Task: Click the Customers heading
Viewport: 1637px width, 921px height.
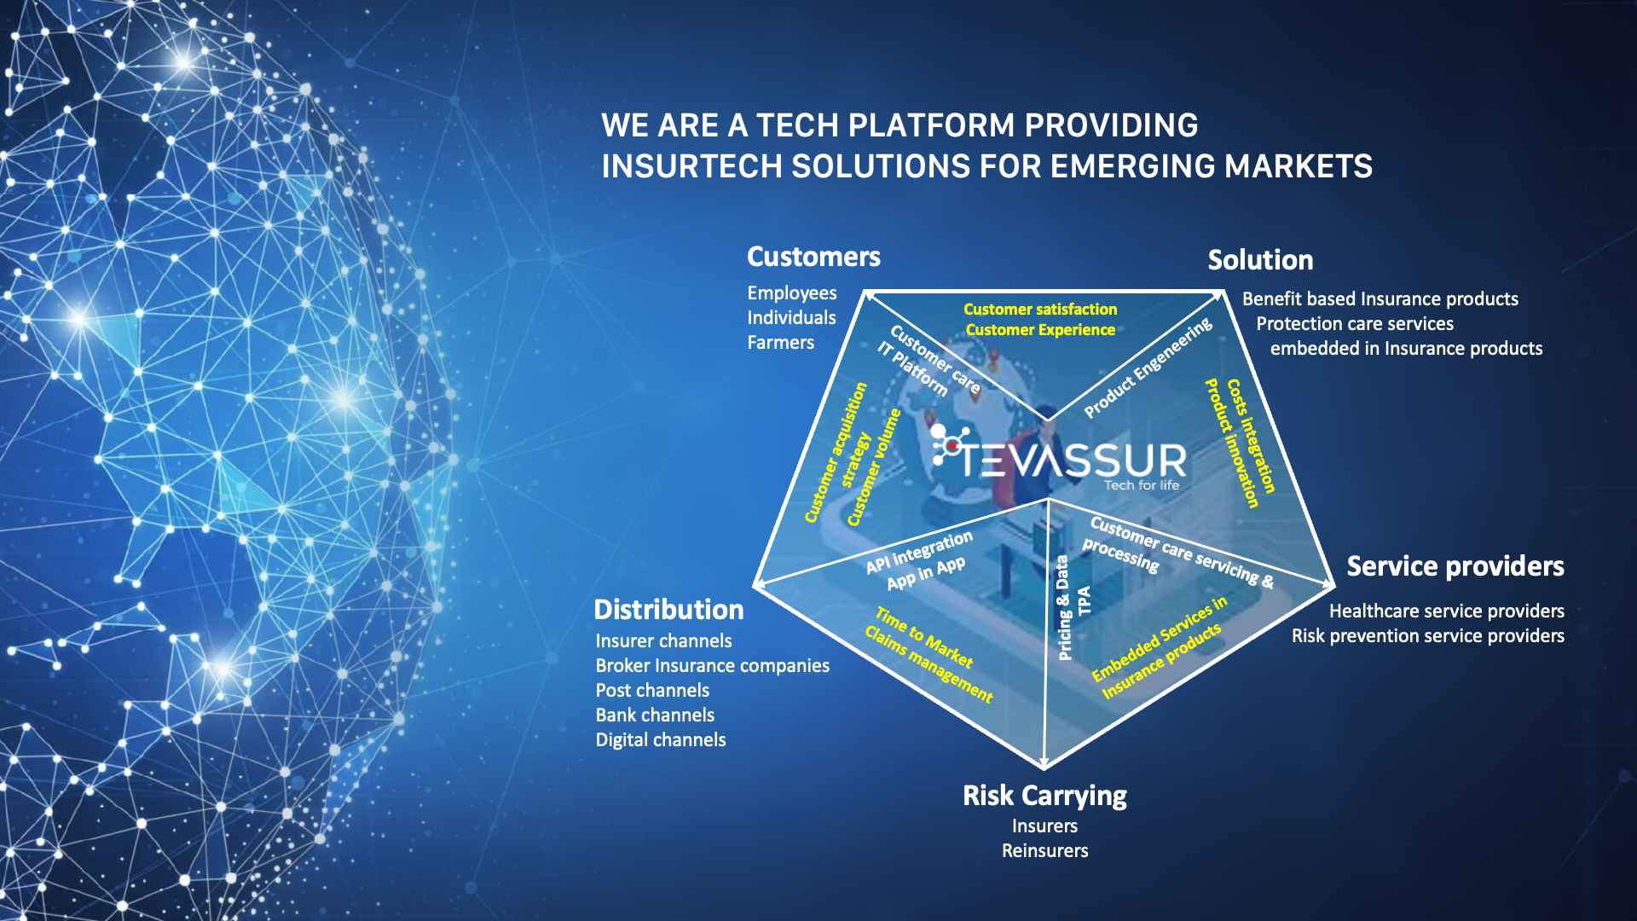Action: point(813,257)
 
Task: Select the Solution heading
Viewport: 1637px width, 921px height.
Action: point(1260,260)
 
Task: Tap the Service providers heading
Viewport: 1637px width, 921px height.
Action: point(1455,566)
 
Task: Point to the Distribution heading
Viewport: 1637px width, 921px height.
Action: point(668,610)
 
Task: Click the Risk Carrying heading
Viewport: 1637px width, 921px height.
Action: point(1044,796)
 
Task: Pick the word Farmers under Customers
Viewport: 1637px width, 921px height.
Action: point(780,343)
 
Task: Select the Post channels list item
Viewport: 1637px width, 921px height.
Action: point(652,691)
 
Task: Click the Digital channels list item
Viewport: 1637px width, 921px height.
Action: point(661,740)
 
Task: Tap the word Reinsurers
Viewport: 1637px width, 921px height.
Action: point(1044,851)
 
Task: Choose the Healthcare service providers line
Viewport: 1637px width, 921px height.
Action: point(1446,611)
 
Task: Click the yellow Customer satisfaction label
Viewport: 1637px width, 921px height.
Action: point(1040,310)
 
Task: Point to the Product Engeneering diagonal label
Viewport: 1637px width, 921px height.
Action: point(1148,368)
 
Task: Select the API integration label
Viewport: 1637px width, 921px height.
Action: point(918,553)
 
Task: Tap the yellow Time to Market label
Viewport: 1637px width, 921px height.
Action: point(924,638)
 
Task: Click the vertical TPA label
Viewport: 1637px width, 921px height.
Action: point(1085,600)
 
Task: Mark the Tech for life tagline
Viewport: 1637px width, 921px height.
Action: point(1142,485)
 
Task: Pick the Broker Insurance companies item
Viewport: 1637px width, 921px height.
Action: point(712,666)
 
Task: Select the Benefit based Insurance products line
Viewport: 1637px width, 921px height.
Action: point(1380,299)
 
